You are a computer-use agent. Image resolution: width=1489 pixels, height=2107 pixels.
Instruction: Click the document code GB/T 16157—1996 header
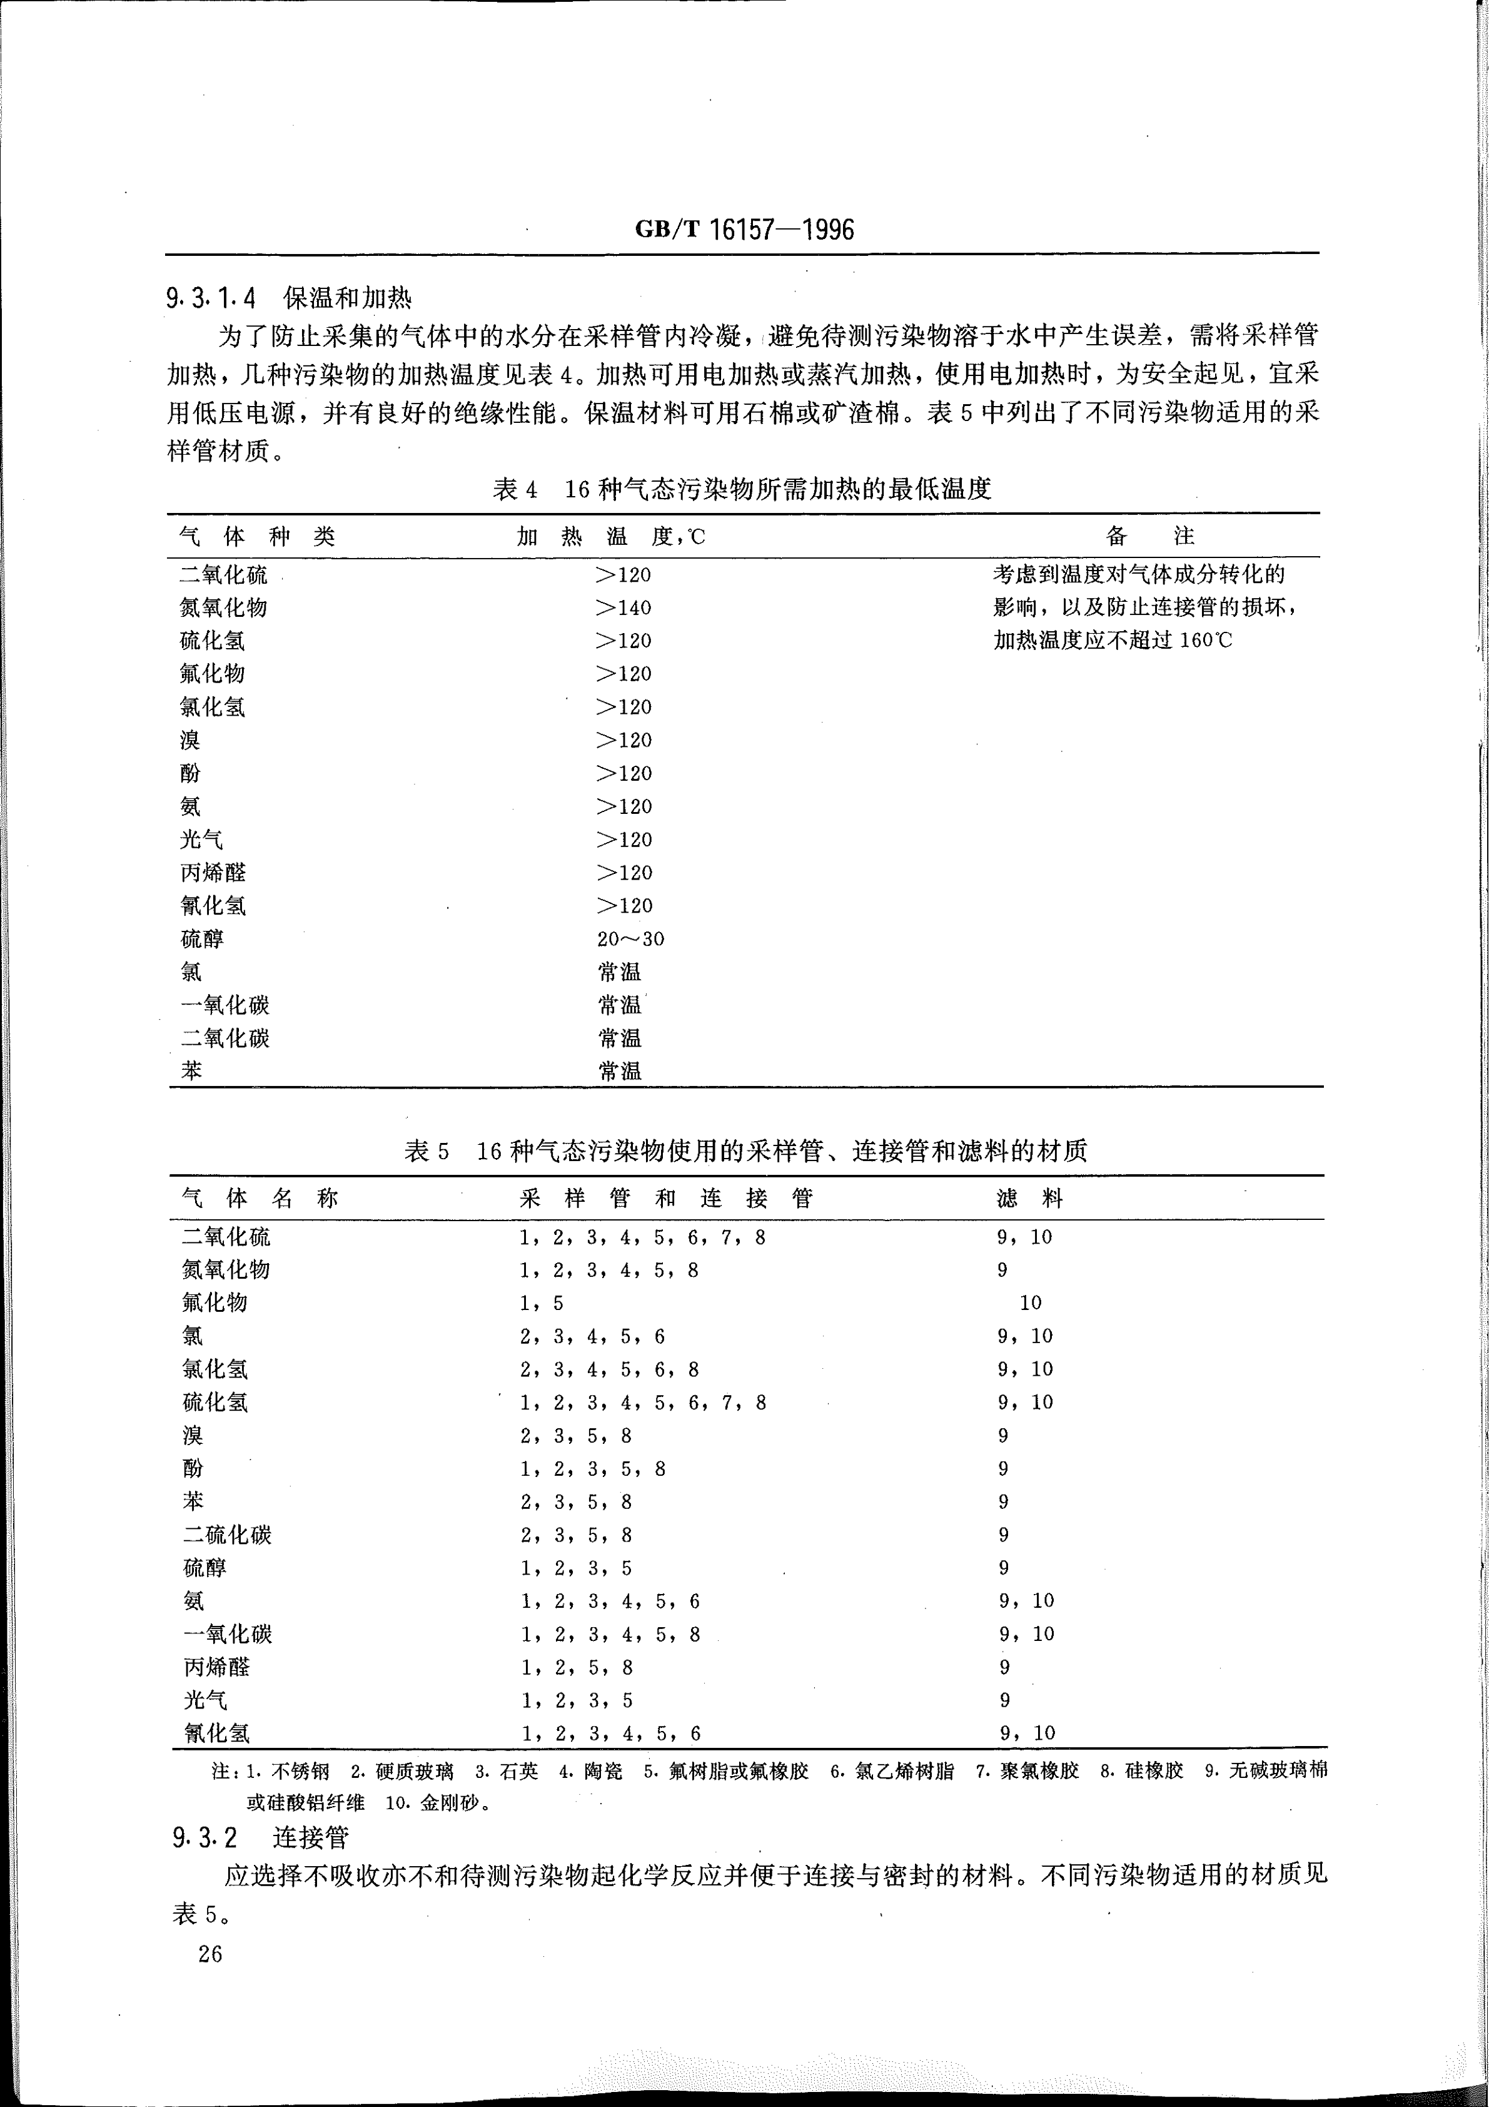(744, 230)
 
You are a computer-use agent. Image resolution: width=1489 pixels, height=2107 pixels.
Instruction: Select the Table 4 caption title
(742, 489)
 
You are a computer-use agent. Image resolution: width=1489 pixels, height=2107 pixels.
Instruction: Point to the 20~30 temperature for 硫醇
(630, 939)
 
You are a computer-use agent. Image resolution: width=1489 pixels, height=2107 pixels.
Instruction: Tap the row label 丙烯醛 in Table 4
(213, 873)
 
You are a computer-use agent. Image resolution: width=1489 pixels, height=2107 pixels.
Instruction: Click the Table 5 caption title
(745, 1150)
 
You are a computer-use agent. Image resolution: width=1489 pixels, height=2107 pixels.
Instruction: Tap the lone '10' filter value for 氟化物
(1030, 1303)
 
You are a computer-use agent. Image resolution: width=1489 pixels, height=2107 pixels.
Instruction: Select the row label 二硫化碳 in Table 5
(226, 1535)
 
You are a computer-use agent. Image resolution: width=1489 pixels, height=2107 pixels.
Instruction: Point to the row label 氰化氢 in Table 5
(216, 1734)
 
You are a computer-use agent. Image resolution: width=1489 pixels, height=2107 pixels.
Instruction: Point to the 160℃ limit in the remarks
(1206, 641)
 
